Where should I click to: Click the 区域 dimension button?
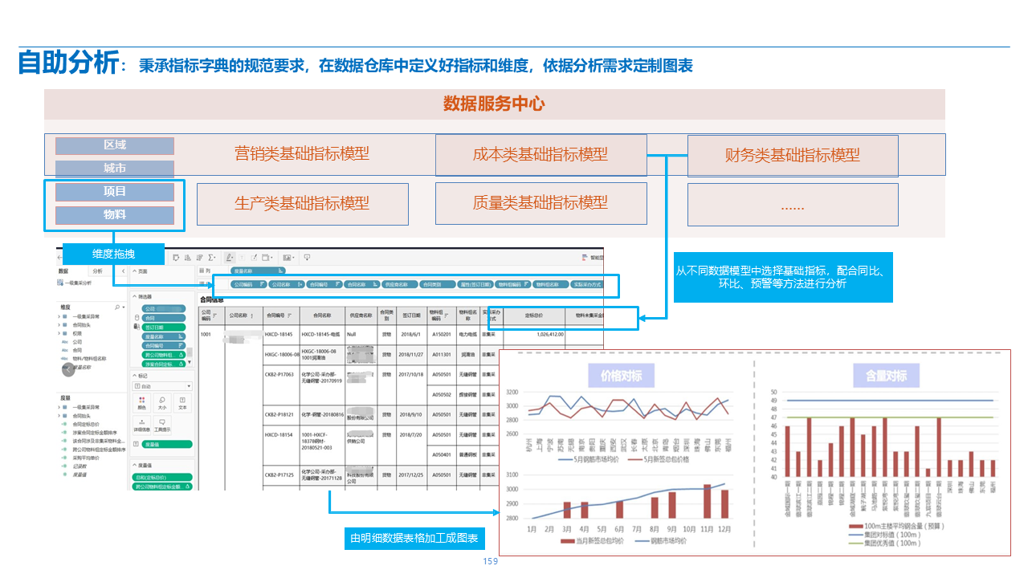(x=115, y=145)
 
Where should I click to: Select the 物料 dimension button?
(x=115, y=215)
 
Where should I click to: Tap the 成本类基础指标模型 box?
(x=541, y=155)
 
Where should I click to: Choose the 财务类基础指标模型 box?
(x=792, y=156)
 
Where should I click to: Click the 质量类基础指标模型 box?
(x=541, y=203)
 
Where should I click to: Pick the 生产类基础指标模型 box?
(x=302, y=203)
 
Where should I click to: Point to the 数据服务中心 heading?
(x=494, y=104)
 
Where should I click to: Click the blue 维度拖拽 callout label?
(x=113, y=254)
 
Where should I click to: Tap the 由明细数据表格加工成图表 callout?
(x=414, y=538)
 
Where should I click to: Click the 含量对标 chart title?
(x=886, y=376)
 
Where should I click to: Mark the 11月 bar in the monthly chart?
(x=707, y=502)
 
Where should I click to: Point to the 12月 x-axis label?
(x=725, y=530)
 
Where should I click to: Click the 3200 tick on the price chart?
(x=512, y=393)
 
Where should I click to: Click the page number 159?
(x=490, y=561)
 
